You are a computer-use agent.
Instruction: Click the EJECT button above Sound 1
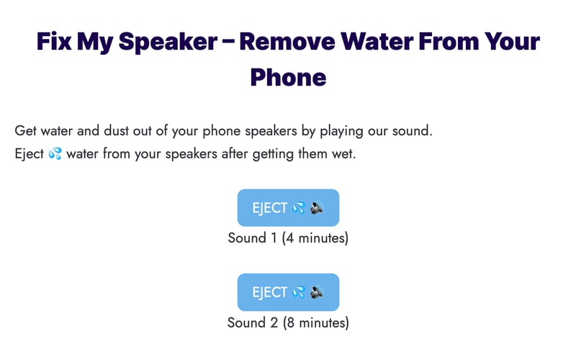coord(288,207)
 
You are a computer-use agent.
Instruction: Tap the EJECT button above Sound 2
coord(288,292)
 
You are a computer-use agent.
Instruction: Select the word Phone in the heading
coord(288,76)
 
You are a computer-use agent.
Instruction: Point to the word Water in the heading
coord(379,41)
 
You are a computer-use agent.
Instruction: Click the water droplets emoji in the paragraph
coord(55,154)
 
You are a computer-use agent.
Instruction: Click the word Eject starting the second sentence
coord(30,154)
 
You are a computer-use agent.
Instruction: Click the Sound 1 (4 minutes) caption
coord(288,238)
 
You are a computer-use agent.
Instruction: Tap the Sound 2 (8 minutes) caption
coord(288,323)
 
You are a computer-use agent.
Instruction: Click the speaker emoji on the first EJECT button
coord(318,208)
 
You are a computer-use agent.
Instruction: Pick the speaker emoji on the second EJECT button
coord(318,293)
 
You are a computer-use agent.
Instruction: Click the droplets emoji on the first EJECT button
coord(299,208)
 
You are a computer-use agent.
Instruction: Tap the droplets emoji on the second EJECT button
coord(299,293)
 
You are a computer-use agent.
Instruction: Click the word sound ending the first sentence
coord(413,132)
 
